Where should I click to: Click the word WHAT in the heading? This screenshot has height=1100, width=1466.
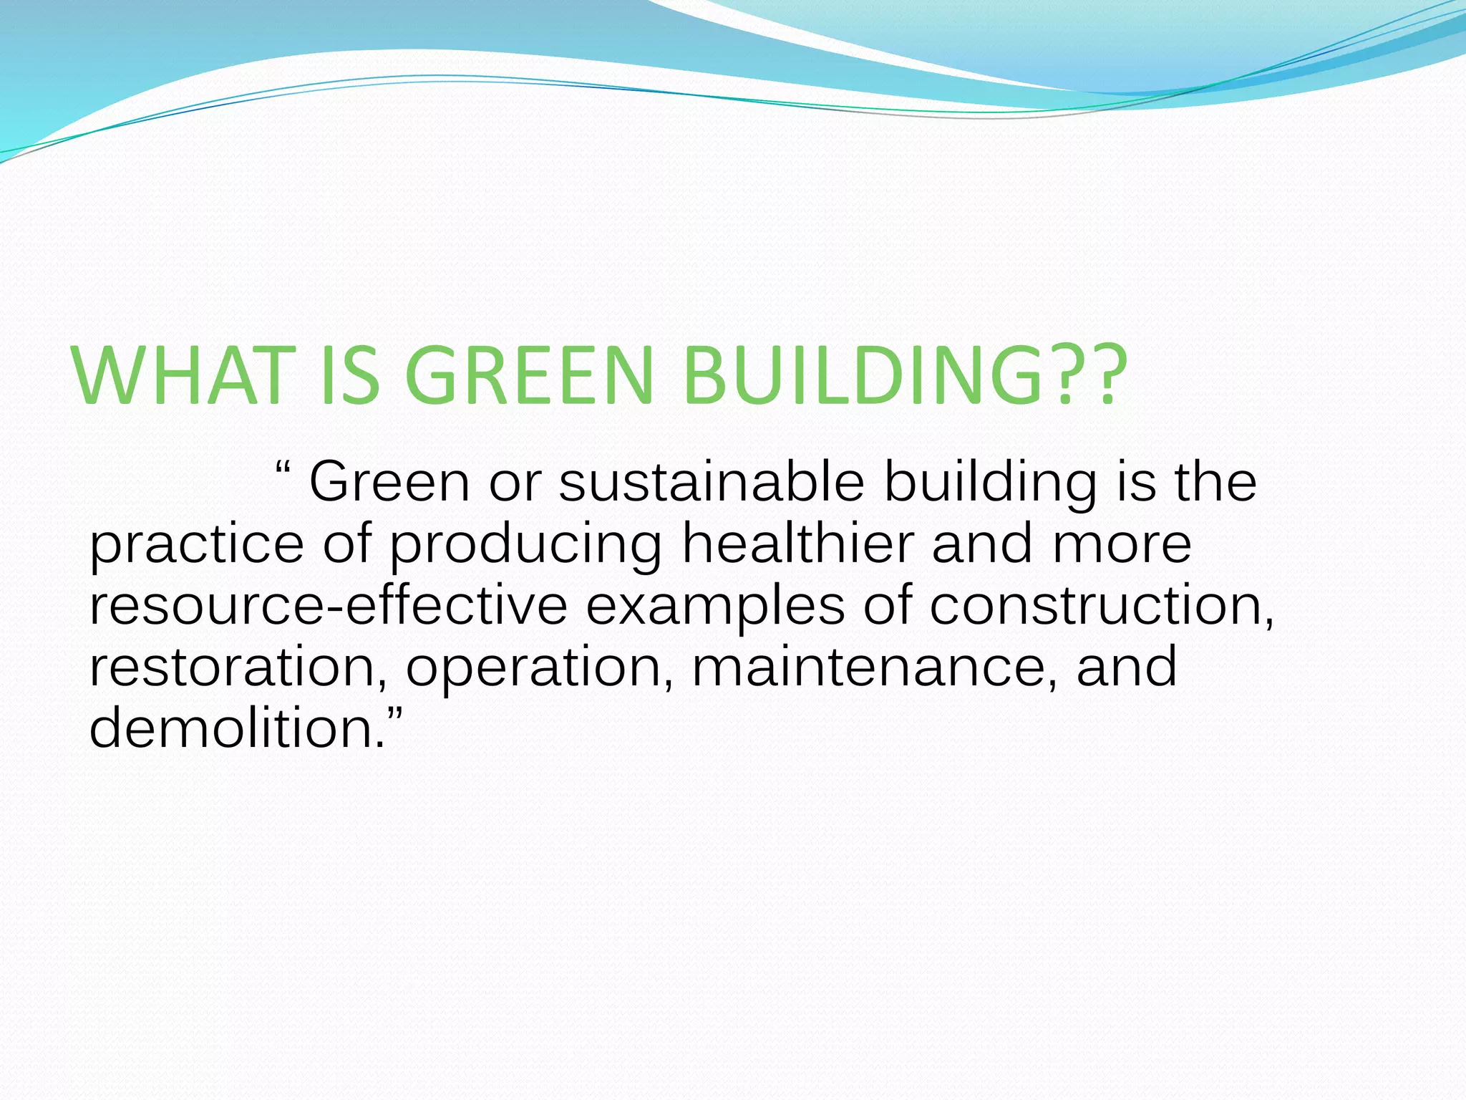coord(183,377)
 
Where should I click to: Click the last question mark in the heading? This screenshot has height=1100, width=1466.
coord(1103,377)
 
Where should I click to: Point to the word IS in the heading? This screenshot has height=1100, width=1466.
coord(349,377)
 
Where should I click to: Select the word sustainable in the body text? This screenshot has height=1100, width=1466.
coord(712,483)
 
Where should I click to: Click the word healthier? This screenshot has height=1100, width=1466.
coord(797,544)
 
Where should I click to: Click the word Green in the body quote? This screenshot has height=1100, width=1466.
coord(389,483)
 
